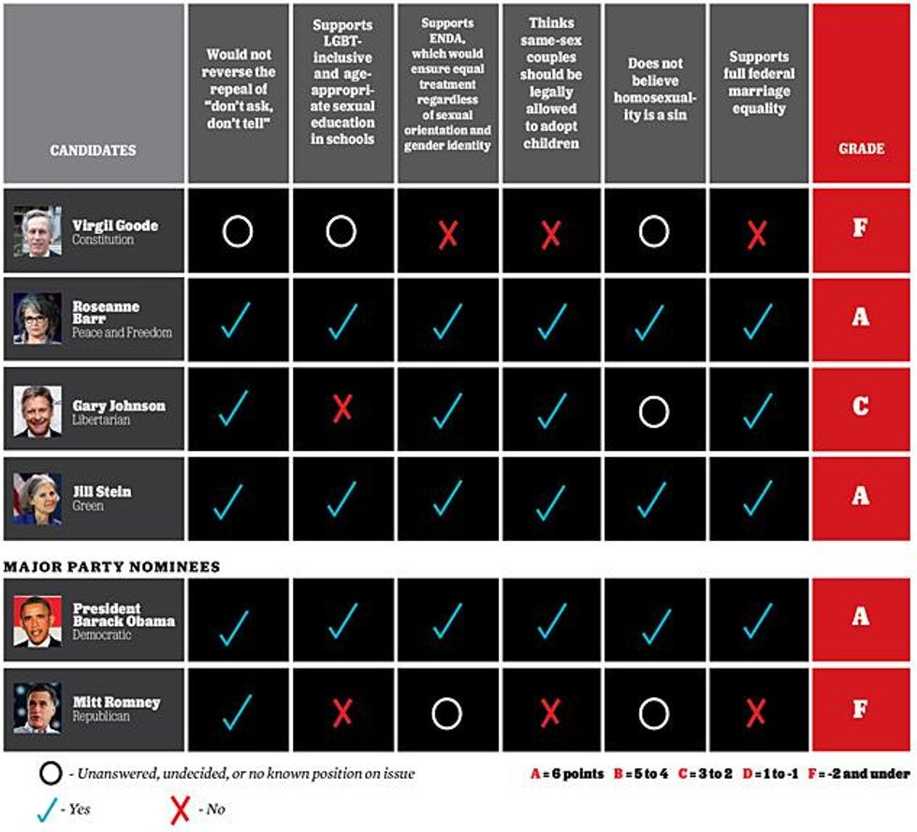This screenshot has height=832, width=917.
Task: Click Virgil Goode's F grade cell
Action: pyautogui.click(x=860, y=228)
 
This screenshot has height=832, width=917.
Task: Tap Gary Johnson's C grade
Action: pyautogui.click(x=860, y=407)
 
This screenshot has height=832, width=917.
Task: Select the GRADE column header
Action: pyautogui.click(x=860, y=149)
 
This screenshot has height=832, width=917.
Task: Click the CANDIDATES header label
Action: pyautogui.click(x=93, y=150)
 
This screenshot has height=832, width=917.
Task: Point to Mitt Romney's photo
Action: pyautogui.click(x=37, y=708)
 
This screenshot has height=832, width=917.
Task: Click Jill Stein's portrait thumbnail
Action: pyautogui.click(x=37, y=498)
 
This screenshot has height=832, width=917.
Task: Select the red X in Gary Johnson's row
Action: pyautogui.click(x=342, y=408)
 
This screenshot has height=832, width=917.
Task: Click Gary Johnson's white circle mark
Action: pyautogui.click(x=653, y=409)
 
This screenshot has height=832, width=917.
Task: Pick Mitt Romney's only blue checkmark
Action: pyautogui.click(x=237, y=710)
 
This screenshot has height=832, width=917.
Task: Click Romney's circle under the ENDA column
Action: pyautogui.click(x=447, y=714)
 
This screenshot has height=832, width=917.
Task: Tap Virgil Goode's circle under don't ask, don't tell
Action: pyautogui.click(x=238, y=231)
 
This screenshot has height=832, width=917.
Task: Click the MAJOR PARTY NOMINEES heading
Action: pyautogui.click(x=112, y=566)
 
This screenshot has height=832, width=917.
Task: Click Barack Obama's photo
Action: pyautogui.click(x=37, y=621)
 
